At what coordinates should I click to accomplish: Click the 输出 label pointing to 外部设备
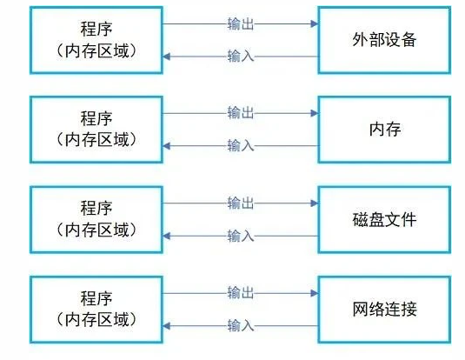[x=241, y=23]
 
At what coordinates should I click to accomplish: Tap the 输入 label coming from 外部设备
[x=241, y=57]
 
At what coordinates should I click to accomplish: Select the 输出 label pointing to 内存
[x=241, y=113]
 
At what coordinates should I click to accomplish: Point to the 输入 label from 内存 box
[x=241, y=146]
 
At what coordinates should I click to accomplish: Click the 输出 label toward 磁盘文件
[x=241, y=203]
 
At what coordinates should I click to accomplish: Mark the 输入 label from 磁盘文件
[x=241, y=236]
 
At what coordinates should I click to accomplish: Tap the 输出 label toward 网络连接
[x=241, y=293]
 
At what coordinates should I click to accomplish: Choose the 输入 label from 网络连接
[x=241, y=325]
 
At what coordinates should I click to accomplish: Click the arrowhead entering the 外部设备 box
[x=314, y=23]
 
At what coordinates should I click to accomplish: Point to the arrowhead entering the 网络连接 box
[x=314, y=293]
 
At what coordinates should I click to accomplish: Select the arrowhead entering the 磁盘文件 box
[x=314, y=203]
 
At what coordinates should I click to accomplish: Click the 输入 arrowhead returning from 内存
[x=167, y=146]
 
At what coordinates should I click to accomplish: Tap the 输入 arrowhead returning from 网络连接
[x=167, y=325]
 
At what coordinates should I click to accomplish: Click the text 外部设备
[x=384, y=39]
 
